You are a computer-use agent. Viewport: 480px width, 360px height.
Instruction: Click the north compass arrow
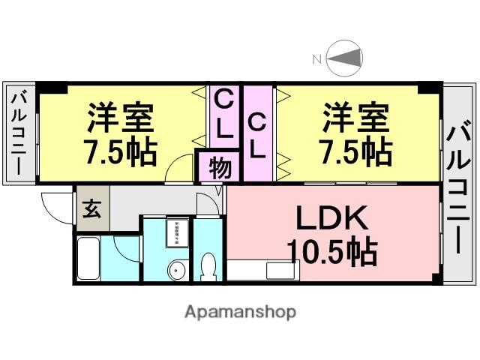point(346,58)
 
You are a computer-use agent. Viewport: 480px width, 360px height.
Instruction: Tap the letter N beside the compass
point(316,58)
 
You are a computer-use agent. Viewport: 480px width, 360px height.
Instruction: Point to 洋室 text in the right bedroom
point(356,118)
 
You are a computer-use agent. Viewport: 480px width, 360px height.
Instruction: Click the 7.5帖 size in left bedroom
point(121,152)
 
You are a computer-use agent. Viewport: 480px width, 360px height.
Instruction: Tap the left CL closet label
point(223,112)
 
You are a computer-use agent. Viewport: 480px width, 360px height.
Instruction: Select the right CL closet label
point(256,134)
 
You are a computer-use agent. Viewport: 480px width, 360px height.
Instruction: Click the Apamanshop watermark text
point(240,311)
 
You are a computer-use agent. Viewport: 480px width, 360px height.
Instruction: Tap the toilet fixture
point(208,265)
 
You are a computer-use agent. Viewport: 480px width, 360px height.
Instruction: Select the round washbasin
point(178,269)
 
